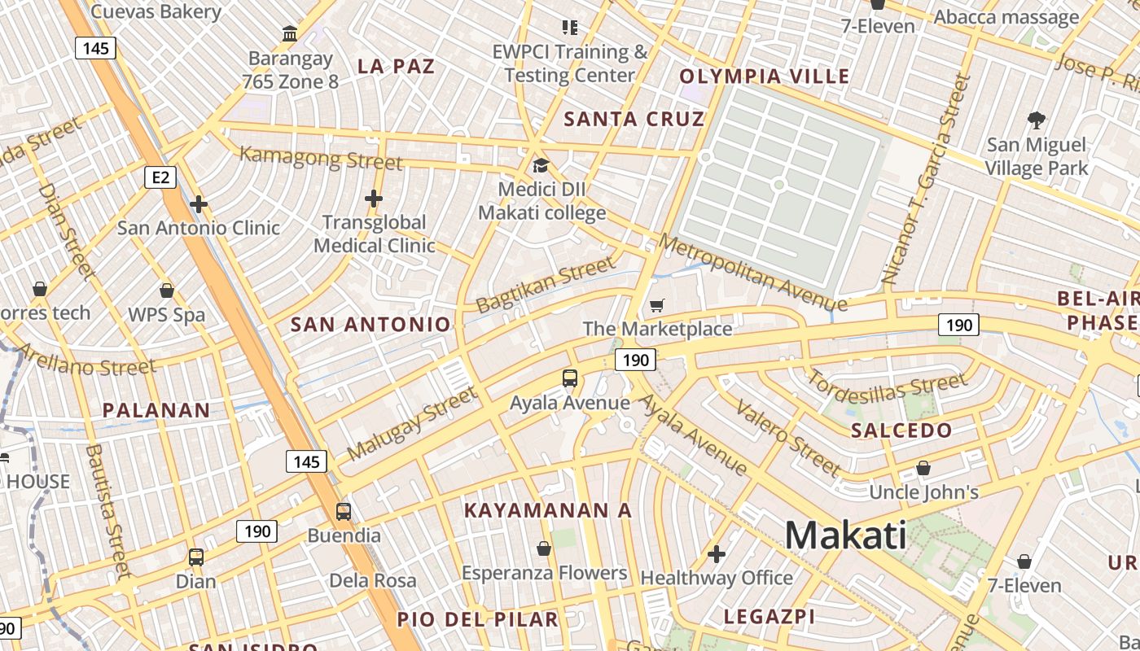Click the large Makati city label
coord(845,535)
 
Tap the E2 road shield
coord(160,177)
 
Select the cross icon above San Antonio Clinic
coord(198,203)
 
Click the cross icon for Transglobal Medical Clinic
coord(374,198)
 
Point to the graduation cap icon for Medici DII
coord(541,166)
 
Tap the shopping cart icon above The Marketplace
coord(657,306)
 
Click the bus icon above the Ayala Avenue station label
coord(569,378)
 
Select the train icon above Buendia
coord(344,512)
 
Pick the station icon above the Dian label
coord(196,557)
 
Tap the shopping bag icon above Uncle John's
coord(923,468)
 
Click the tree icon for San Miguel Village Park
coord(1037,120)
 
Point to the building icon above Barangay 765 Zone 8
coord(289,34)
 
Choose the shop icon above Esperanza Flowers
coord(544,549)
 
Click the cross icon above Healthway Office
coord(717,554)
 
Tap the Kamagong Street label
coord(321,157)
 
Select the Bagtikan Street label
coord(546,285)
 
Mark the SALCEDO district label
coord(901,430)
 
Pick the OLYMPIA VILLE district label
coord(765,76)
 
